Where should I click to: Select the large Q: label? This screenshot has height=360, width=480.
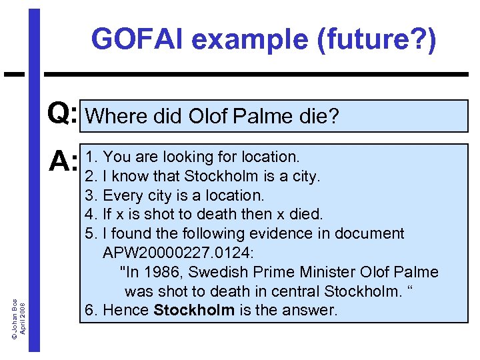[63, 115]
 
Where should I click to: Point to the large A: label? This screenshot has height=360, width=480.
[63, 160]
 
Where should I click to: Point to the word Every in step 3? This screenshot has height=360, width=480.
[123, 195]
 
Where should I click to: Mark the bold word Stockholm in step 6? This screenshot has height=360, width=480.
[194, 311]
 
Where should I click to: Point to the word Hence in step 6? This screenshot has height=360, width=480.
[126, 311]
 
